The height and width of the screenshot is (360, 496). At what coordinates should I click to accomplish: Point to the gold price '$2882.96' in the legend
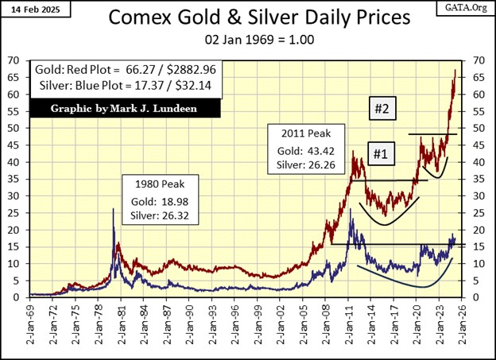(196, 69)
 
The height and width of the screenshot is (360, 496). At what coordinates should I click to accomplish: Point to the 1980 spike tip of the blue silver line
(113, 208)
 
